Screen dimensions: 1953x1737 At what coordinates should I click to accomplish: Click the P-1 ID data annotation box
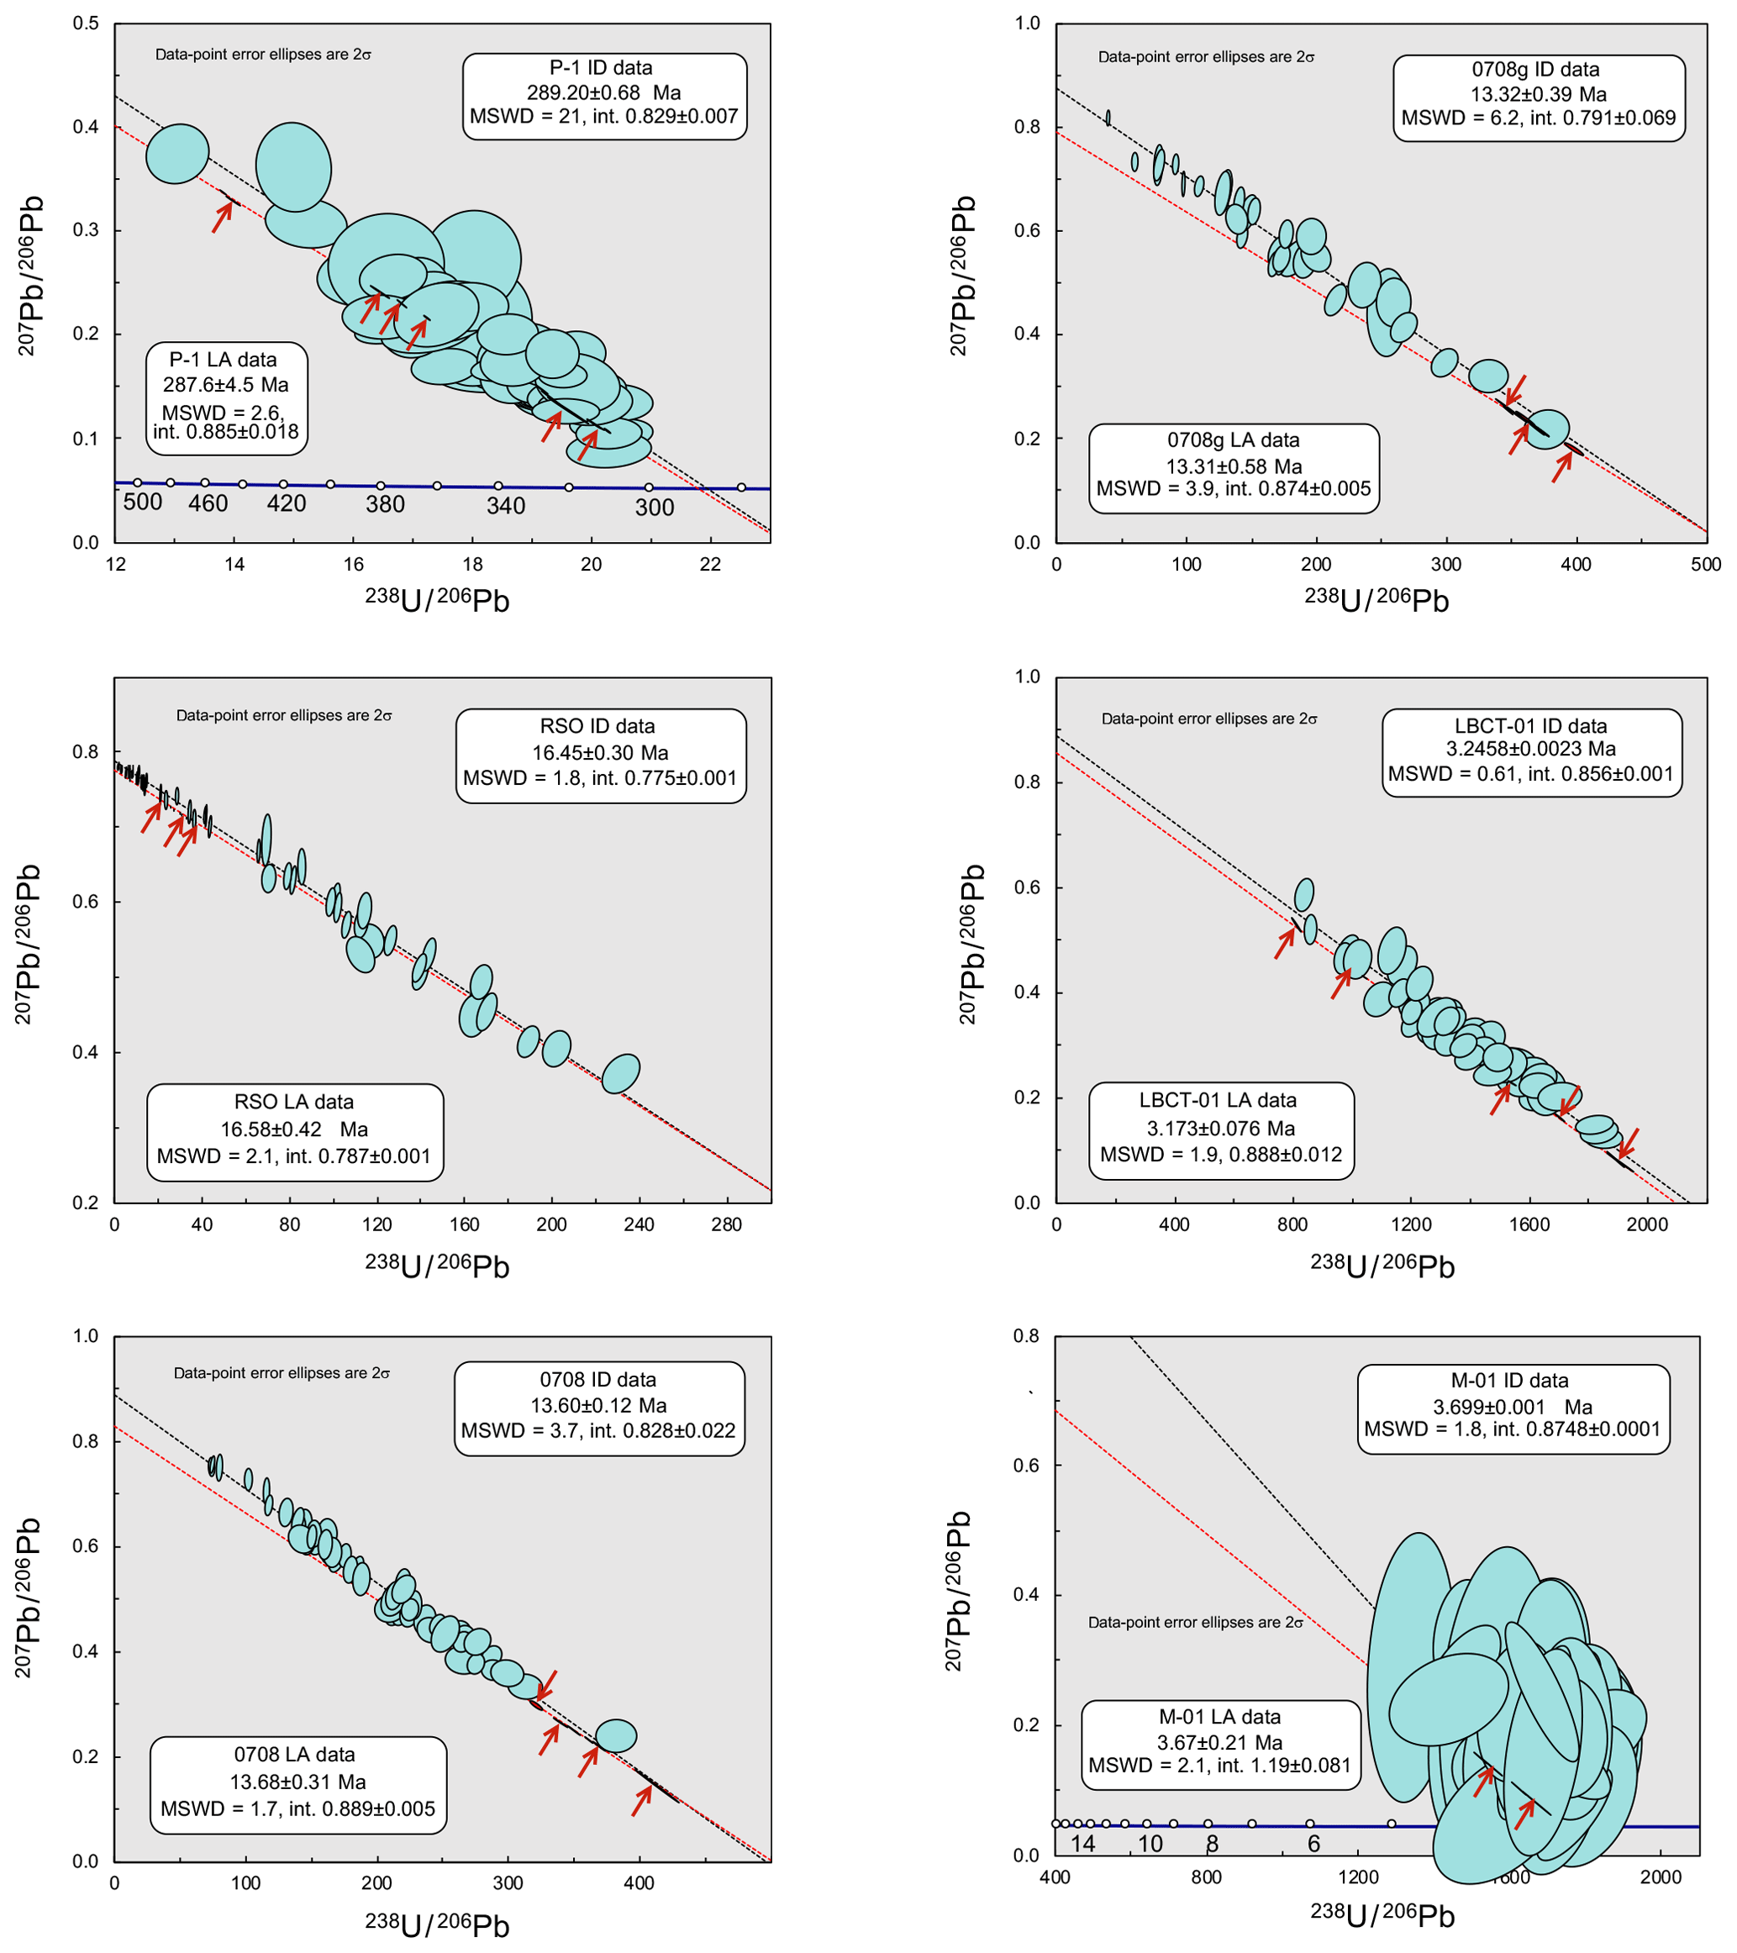tap(604, 96)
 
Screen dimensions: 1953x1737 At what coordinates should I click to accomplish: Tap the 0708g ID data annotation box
tap(1539, 97)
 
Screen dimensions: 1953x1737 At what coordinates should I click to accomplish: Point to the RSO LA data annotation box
tap(294, 1131)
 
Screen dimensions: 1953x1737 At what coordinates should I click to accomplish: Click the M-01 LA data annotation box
tap(1220, 1745)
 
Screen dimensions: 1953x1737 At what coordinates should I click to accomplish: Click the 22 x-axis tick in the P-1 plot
tap(710, 565)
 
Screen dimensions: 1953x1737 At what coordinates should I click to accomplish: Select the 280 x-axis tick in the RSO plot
tap(726, 1225)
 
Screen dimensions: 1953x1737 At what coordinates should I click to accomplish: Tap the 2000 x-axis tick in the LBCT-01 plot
tap(1647, 1225)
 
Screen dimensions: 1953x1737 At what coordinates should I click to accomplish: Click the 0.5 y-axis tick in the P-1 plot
tap(86, 23)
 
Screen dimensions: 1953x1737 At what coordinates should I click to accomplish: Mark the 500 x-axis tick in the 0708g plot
tap(1705, 565)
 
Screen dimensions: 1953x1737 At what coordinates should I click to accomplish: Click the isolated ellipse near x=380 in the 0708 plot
tap(616, 1736)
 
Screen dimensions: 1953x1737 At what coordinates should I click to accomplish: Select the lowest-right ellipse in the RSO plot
tap(621, 1074)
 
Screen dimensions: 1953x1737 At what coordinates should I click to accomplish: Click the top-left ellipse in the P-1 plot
tap(176, 153)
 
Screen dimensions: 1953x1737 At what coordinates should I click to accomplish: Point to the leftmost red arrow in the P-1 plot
tap(222, 217)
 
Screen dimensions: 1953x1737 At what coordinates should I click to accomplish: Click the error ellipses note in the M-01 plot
tap(1195, 1623)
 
